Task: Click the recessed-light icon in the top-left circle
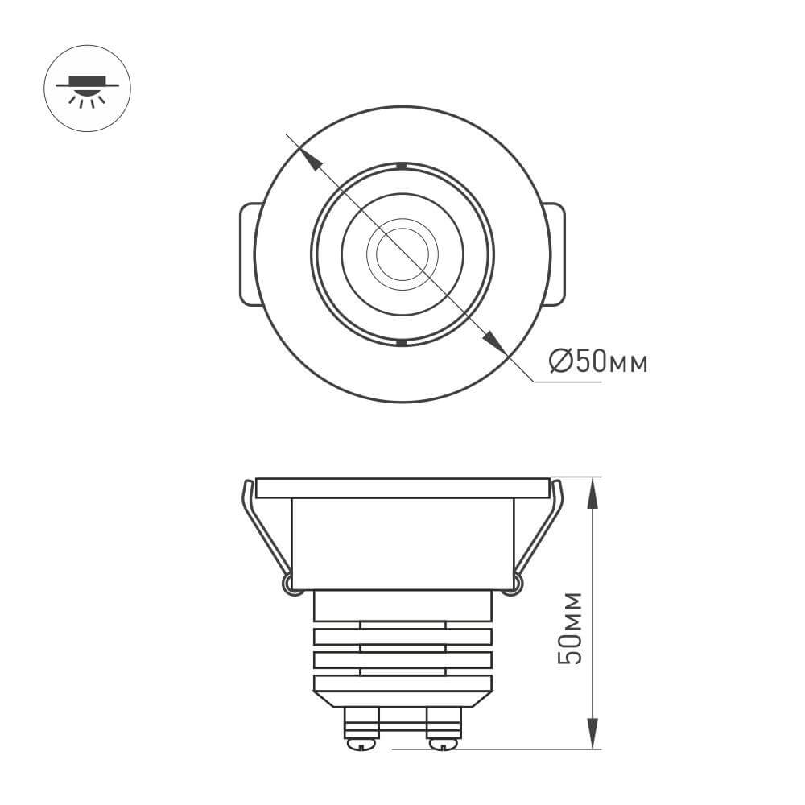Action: click(87, 89)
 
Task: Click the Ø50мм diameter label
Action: click(597, 362)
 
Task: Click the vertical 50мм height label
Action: click(571, 628)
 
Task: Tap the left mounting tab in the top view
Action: click(250, 254)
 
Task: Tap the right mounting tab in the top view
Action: click(555, 254)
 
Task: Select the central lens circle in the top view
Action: click(402, 254)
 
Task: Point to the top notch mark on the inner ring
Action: click(401, 167)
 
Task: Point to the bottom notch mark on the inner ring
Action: click(401, 343)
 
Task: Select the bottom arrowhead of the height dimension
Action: click(592, 733)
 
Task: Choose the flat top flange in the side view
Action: click(402, 488)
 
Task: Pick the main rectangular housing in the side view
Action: click(402, 544)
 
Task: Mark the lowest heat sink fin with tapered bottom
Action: click(402, 690)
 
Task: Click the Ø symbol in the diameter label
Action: click(561, 362)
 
